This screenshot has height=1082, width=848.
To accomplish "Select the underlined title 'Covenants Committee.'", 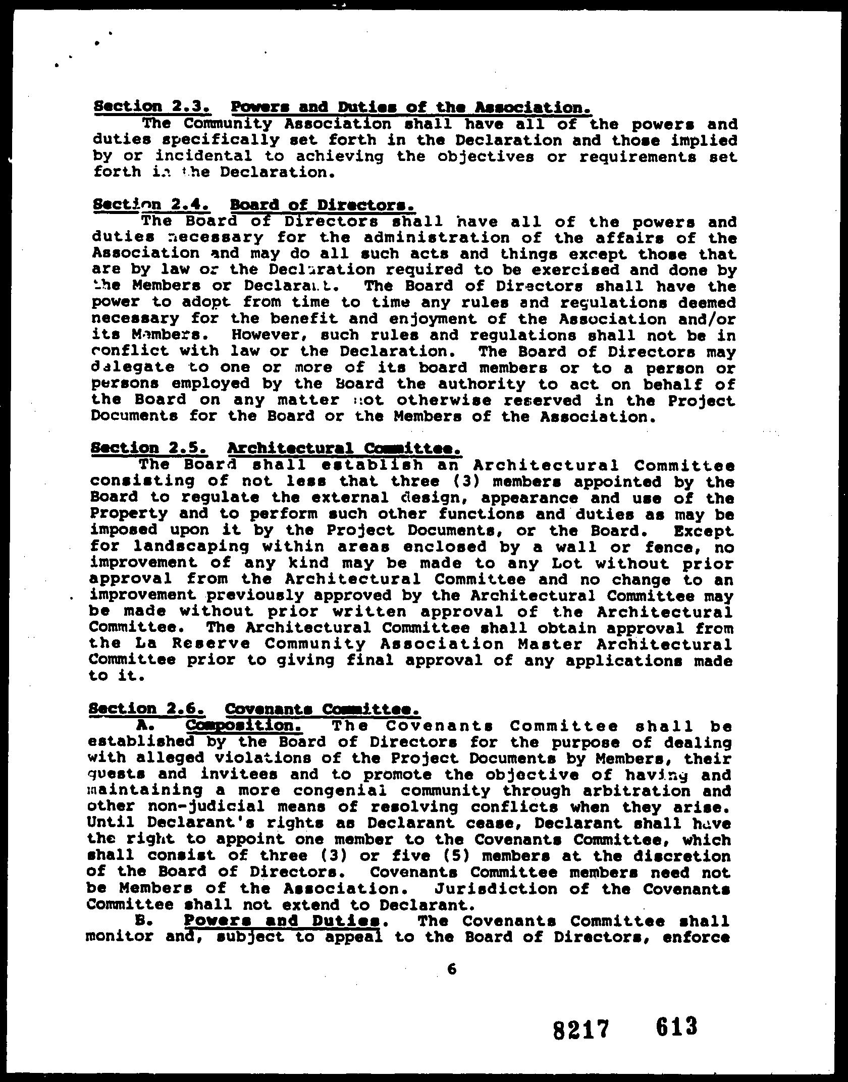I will click(x=322, y=709).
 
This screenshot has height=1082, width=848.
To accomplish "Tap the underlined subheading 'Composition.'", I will click(x=244, y=726).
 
